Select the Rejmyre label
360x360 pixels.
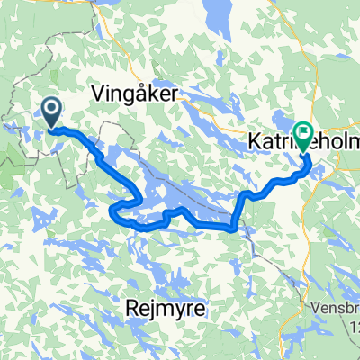click(x=166, y=309)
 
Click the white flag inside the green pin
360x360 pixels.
click(x=304, y=133)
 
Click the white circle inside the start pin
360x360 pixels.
click(x=51, y=109)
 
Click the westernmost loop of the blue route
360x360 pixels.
click(x=112, y=211)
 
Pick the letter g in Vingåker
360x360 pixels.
click(x=130, y=94)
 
